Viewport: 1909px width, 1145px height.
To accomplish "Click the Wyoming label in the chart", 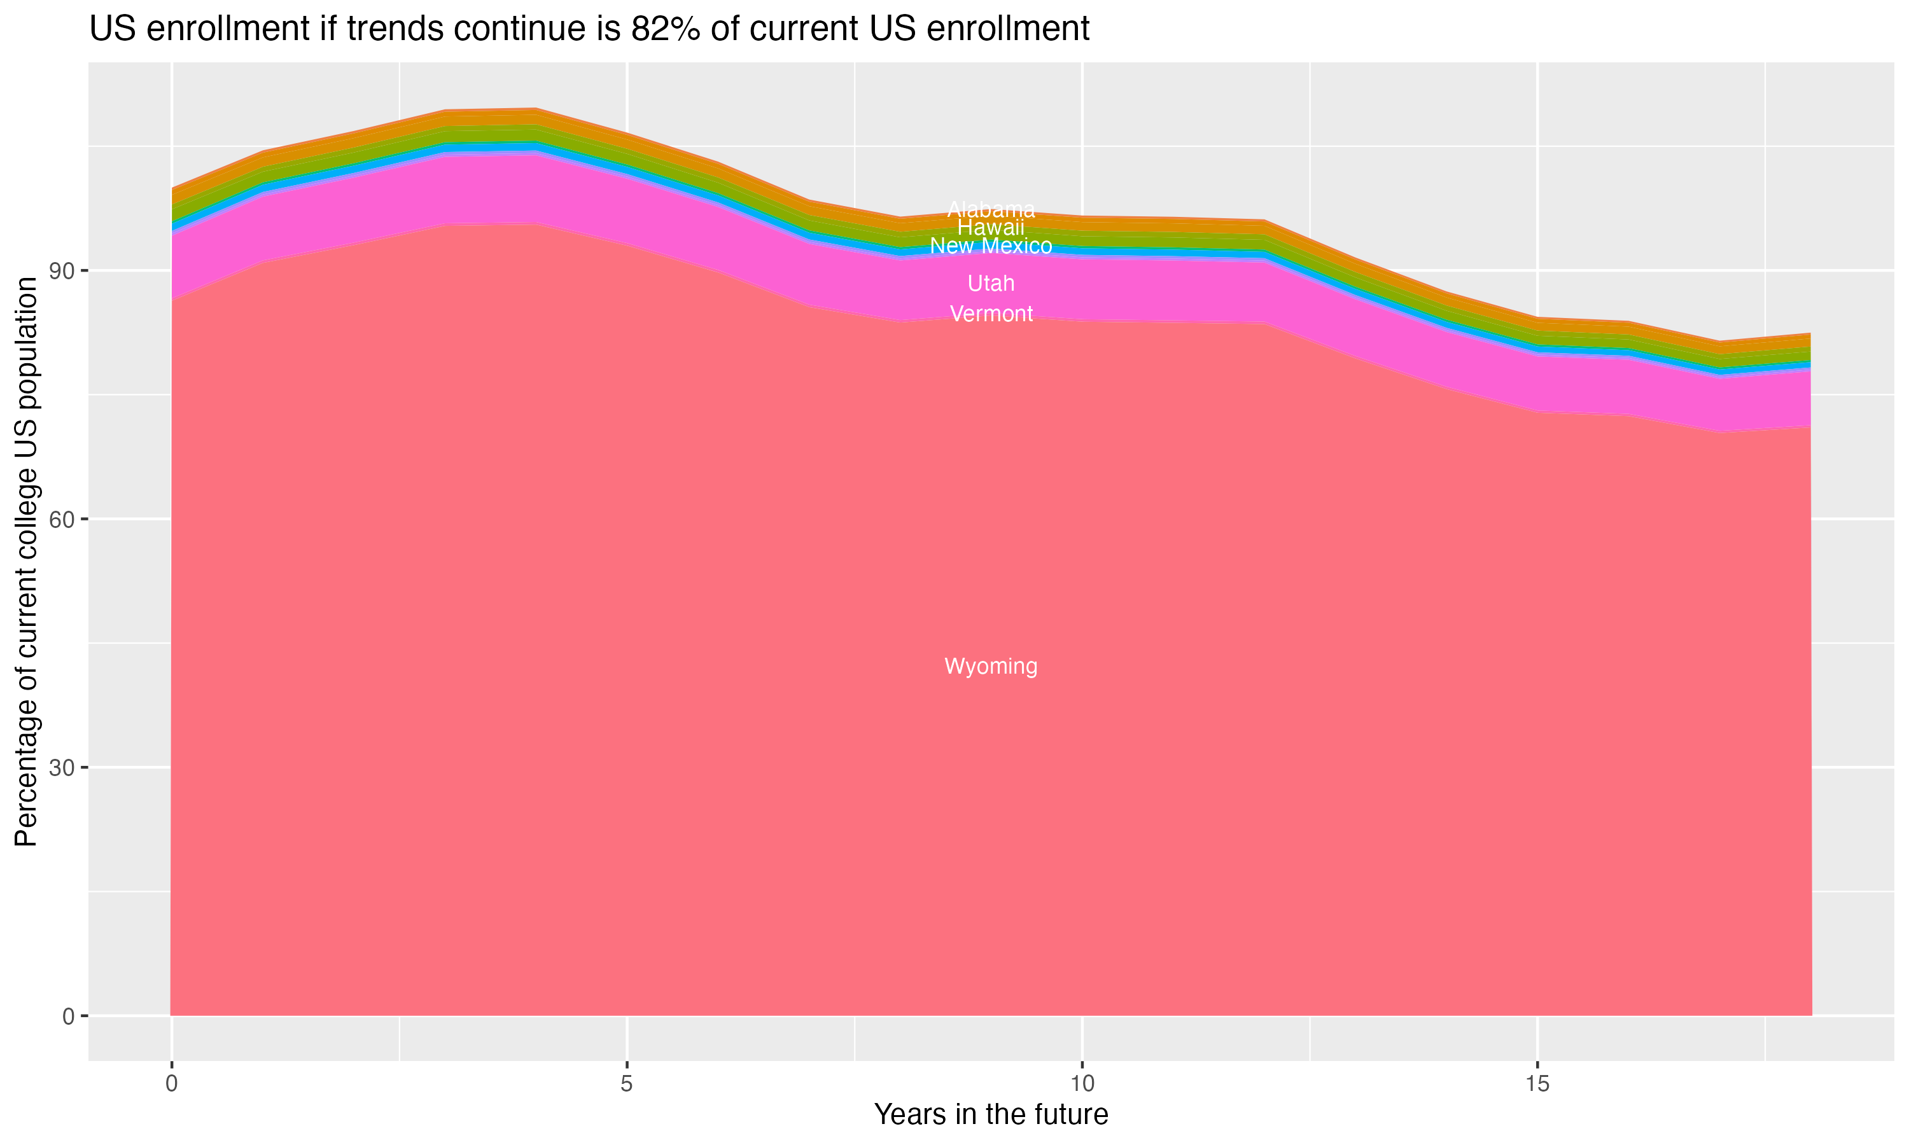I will coord(991,666).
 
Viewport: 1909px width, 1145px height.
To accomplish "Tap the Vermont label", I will coord(991,314).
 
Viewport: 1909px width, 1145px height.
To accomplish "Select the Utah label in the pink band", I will coord(991,283).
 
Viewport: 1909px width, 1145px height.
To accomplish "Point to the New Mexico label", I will coord(991,246).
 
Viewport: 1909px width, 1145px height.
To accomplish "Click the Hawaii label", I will coord(991,228).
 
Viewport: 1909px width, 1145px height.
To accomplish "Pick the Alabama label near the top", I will coord(991,209).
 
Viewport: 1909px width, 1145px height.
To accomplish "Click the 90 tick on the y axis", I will coord(64,271).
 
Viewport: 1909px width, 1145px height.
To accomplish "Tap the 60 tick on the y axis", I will coord(64,519).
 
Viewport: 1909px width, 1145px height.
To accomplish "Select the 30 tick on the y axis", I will coord(64,768).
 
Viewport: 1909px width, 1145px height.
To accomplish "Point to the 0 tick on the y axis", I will coord(69,1016).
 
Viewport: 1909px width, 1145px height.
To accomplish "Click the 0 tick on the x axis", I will coord(171,1084).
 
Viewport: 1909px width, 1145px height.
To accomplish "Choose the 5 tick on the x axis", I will coord(627,1084).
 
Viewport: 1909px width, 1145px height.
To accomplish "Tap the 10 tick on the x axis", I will coord(1082,1084).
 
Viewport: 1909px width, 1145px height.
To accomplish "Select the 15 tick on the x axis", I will coord(1537,1084).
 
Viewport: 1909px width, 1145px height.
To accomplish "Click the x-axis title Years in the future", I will coord(991,1115).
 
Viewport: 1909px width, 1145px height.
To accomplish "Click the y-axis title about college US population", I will coord(26,562).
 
